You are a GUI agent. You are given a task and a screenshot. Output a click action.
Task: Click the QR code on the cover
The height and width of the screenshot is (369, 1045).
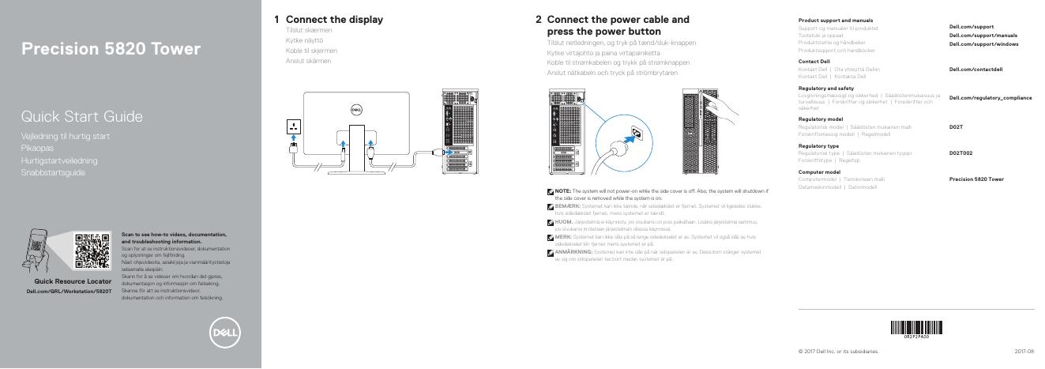pos(92,250)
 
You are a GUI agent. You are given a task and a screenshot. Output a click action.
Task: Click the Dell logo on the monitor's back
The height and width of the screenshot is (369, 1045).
pos(355,109)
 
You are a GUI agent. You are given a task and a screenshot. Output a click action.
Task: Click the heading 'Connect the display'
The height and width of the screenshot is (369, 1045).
pos(334,19)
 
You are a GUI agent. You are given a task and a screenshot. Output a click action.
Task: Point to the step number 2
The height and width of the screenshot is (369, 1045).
pos(538,19)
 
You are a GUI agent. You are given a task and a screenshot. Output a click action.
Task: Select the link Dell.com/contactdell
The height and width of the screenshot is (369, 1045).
pos(975,70)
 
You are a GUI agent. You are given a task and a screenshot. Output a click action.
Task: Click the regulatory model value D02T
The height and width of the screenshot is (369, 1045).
pos(956,126)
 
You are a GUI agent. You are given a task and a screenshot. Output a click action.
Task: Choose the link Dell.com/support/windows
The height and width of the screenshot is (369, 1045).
pos(983,43)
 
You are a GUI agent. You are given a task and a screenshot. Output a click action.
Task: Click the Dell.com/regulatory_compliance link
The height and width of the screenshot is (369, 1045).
pos(990,97)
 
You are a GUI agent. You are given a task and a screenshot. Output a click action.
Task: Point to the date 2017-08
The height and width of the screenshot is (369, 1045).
pos(1024,351)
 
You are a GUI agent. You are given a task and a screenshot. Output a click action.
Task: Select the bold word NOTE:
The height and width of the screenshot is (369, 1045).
pos(562,191)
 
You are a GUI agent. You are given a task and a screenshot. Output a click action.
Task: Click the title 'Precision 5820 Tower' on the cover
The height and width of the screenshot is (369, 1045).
pos(111,50)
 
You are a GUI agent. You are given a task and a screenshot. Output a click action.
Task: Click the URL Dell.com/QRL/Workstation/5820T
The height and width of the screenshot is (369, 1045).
pos(70,292)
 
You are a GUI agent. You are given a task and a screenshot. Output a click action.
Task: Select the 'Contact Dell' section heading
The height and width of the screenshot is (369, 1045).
pos(814,61)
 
